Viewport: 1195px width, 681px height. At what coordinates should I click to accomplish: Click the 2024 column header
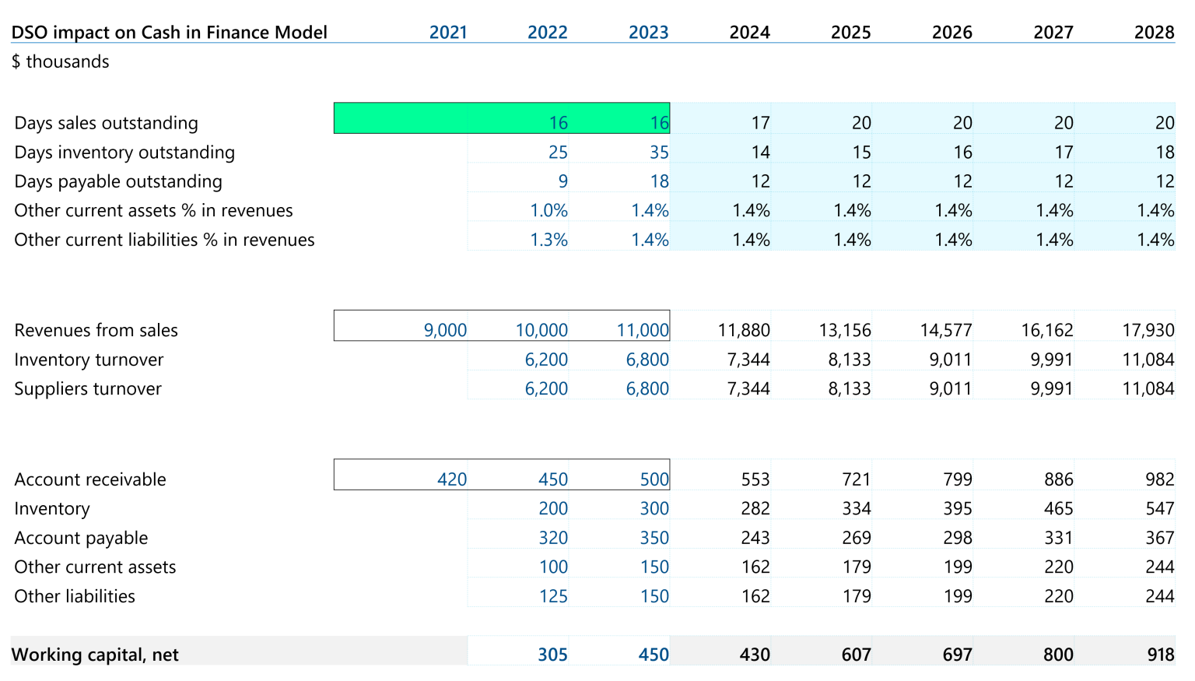coord(749,32)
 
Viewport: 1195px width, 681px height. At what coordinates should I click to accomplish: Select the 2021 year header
coord(448,32)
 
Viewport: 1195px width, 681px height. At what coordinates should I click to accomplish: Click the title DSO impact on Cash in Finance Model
coord(169,32)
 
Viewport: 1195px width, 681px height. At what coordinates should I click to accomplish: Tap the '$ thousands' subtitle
coord(60,61)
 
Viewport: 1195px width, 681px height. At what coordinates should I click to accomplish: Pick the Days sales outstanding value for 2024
coord(760,123)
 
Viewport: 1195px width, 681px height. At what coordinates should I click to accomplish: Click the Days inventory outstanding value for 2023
coord(658,153)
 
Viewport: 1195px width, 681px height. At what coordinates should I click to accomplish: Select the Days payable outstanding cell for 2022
coord(562,181)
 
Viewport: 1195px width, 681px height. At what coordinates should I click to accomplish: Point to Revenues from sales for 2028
coord(1148,330)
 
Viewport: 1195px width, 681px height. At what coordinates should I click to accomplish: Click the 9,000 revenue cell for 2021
coord(445,330)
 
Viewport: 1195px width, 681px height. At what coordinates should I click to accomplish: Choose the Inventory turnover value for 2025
coord(849,360)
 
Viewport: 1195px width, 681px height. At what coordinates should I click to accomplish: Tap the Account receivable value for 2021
coord(451,479)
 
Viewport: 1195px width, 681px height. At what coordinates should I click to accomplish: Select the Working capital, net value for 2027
coord(1058,655)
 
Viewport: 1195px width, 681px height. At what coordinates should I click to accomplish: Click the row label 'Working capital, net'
coord(95,655)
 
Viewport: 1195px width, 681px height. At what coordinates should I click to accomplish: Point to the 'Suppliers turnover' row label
coord(88,389)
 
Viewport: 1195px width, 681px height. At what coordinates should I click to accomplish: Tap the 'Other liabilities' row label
coord(75,596)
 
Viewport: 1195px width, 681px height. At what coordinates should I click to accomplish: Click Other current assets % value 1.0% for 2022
coord(548,211)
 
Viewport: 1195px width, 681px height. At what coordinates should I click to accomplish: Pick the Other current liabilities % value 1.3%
coord(548,240)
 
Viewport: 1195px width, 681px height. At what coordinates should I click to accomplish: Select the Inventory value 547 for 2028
coord(1159,509)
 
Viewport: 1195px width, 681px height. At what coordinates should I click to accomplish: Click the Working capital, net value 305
coord(552,655)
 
